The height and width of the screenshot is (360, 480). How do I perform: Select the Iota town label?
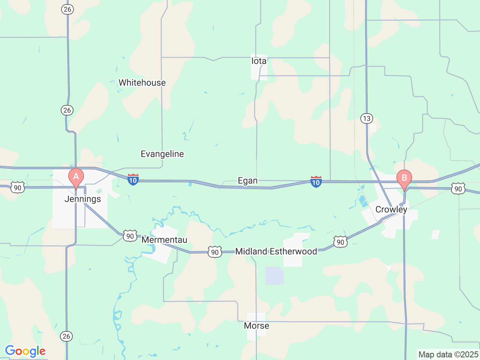tap(259, 61)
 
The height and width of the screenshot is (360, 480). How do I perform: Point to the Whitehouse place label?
tap(142, 83)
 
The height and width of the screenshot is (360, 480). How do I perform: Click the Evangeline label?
tap(162, 154)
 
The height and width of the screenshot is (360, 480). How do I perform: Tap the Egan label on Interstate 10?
tap(247, 181)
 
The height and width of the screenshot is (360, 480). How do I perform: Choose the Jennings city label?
tap(82, 199)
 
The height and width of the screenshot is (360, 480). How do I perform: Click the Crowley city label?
tap(391, 210)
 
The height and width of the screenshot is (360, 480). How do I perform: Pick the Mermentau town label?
tap(164, 240)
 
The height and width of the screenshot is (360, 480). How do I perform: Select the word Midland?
tap(251, 252)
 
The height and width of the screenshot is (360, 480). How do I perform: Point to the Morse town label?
tap(256, 326)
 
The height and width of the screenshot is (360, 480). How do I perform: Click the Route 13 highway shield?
tap(366, 119)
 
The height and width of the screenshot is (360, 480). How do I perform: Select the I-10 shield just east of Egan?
tap(316, 182)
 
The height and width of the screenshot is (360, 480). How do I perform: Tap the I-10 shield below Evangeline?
tap(133, 180)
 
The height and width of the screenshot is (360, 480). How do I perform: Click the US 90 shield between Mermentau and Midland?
tap(215, 252)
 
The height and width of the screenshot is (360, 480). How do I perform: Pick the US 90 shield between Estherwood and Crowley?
tap(340, 242)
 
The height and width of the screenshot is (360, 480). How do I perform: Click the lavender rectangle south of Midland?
tap(274, 276)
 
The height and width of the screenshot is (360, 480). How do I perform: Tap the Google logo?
tap(25, 351)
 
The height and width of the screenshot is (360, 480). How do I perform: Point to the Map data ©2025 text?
tap(448, 354)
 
